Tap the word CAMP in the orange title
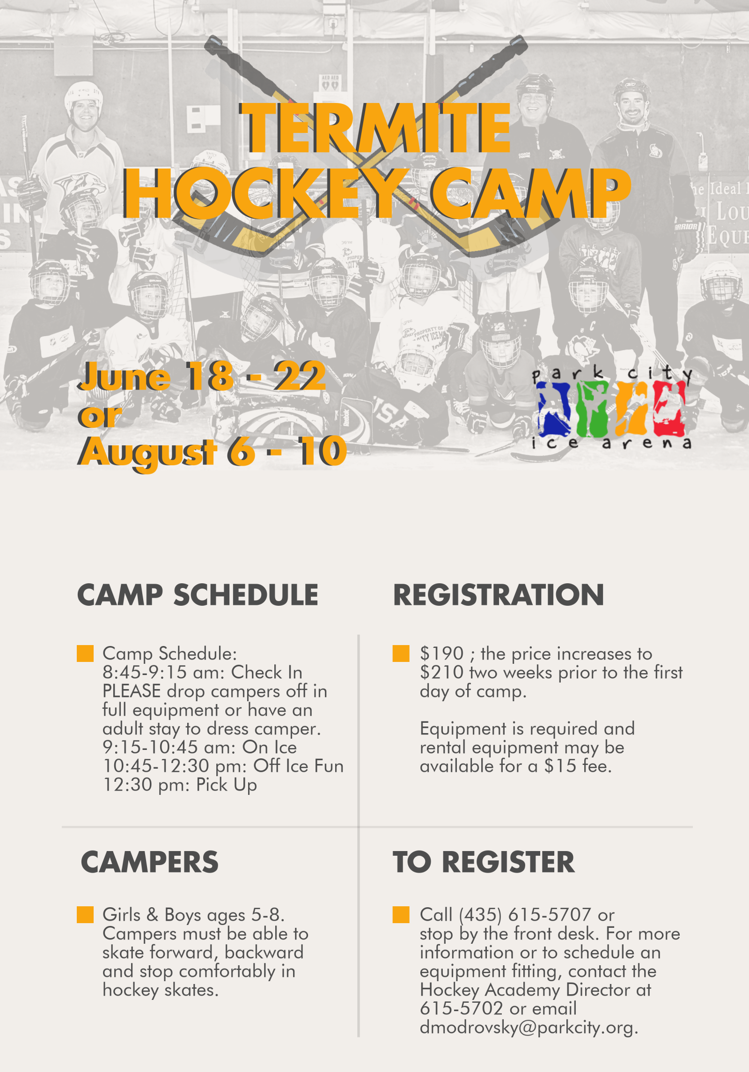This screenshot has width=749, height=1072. click(531, 193)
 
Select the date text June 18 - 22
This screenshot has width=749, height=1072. click(202, 376)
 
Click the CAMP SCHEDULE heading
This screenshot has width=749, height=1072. click(198, 595)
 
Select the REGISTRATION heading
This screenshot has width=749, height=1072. click(499, 595)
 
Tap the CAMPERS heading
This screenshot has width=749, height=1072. click(150, 862)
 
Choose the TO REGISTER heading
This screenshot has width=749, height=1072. click(484, 862)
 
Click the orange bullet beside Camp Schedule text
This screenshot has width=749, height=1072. click(85, 653)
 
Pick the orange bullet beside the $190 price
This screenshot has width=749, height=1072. click(401, 653)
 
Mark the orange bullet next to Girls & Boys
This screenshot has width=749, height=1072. click(85, 915)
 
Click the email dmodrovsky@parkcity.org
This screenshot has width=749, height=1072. click(529, 1028)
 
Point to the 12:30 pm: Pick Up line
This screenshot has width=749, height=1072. click(180, 785)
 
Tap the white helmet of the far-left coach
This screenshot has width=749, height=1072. click(83, 95)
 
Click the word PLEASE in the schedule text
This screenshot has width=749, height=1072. click(132, 691)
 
